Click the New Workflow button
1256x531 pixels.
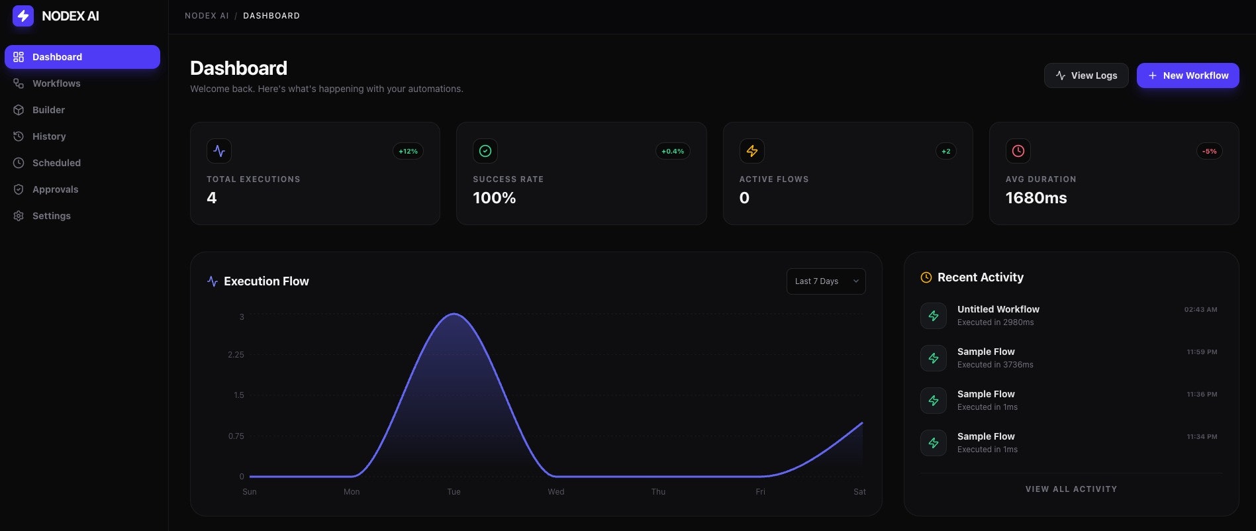[1188, 75]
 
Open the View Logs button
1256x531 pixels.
[1086, 75]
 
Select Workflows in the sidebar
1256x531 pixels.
[56, 83]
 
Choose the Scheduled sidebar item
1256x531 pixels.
[56, 163]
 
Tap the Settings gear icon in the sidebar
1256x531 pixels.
[19, 216]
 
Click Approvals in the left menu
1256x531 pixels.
[55, 189]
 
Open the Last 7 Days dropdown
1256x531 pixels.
[826, 281]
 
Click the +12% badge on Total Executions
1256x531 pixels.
[408, 152]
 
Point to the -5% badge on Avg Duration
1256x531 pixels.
[1209, 152]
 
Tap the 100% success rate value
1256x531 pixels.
[494, 198]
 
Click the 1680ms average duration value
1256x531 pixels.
[1036, 198]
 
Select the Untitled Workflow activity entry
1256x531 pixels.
[998, 309]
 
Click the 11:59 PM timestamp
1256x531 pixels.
[1202, 352]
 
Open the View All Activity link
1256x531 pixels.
[1071, 489]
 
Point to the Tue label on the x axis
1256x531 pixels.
[454, 492]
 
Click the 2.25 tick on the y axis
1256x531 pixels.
[236, 355]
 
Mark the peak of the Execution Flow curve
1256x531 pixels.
[454, 314]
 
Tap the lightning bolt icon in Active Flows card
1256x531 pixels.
[751, 151]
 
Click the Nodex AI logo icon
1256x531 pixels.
[23, 16]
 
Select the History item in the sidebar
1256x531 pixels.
[49, 136]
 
